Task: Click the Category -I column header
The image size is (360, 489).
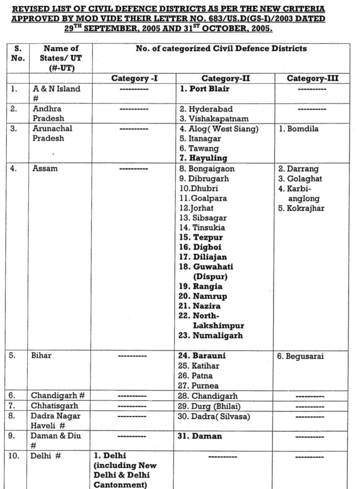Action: coord(134,78)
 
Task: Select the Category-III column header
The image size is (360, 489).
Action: coord(313,78)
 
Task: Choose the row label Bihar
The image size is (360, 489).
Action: coord(42,356)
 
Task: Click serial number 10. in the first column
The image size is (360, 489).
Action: coord(14,456)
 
